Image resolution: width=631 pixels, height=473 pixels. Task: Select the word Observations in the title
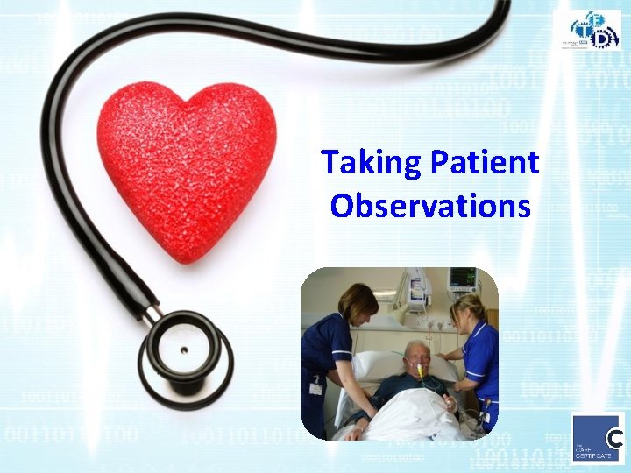pos(430,206)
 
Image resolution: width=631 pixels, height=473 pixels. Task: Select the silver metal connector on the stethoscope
pos(152,312)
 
